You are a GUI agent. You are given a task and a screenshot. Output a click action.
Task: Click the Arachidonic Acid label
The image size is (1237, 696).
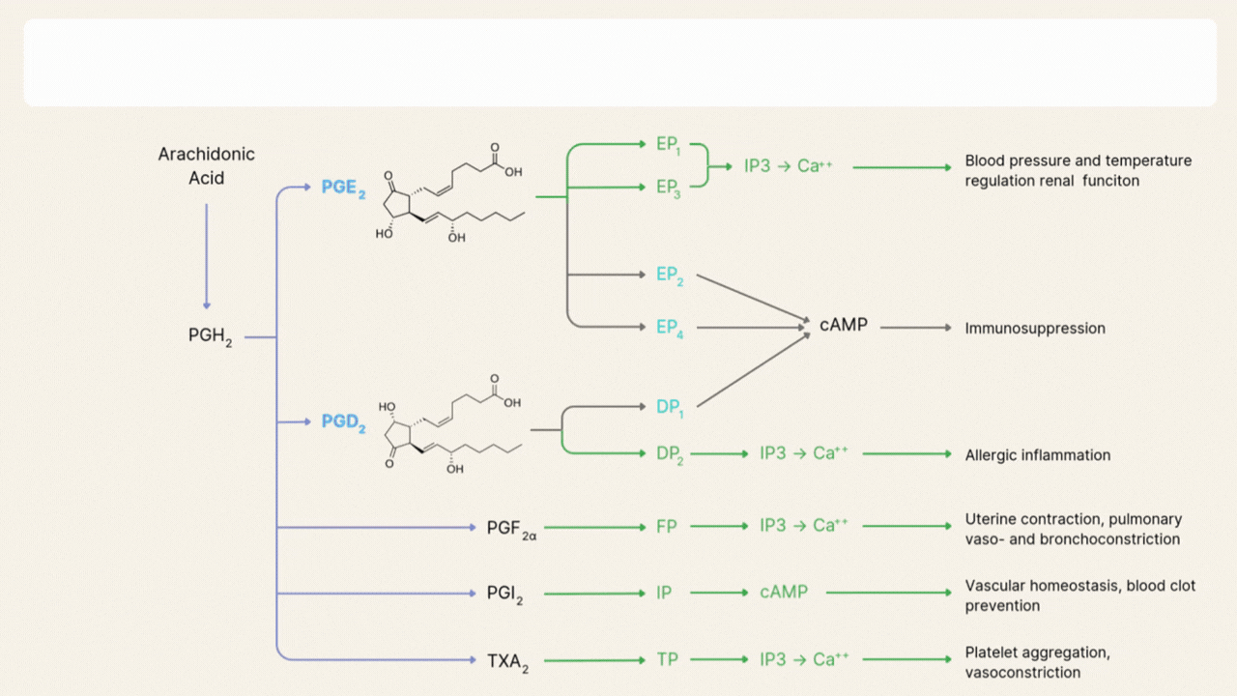pos(206,166)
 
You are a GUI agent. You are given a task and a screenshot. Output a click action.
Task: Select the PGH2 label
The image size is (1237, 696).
pos(210,336)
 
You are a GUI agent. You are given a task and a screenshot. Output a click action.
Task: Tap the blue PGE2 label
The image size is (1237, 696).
pos(343,188)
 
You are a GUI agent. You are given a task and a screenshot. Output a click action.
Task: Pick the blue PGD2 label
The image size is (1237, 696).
pos(343,422)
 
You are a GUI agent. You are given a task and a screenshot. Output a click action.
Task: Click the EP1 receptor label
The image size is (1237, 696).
pos(668,145)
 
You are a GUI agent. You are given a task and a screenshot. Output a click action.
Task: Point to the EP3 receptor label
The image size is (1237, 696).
pos(668,188)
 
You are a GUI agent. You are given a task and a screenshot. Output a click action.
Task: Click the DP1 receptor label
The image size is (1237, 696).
pos(669,408)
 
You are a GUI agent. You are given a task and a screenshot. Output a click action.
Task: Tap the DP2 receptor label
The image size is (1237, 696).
pos(670,454)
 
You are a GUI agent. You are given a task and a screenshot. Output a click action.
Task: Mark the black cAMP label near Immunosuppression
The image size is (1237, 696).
pos(843,326)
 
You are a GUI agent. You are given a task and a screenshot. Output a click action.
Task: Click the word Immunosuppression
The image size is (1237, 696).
pos(1034,329)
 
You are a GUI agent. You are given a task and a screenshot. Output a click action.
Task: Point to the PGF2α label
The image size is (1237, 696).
pos(511,529)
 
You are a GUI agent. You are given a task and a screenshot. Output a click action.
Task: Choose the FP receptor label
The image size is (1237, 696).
pos(667,527)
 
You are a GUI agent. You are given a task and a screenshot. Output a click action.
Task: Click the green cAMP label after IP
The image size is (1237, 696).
pos(783,592)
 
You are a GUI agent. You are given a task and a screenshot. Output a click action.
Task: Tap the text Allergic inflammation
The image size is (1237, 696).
pos(1037,455)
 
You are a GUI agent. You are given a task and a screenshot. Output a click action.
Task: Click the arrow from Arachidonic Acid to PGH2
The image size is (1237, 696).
pos(206,256)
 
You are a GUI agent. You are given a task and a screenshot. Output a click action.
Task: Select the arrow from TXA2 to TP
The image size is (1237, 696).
pos(594,660)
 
